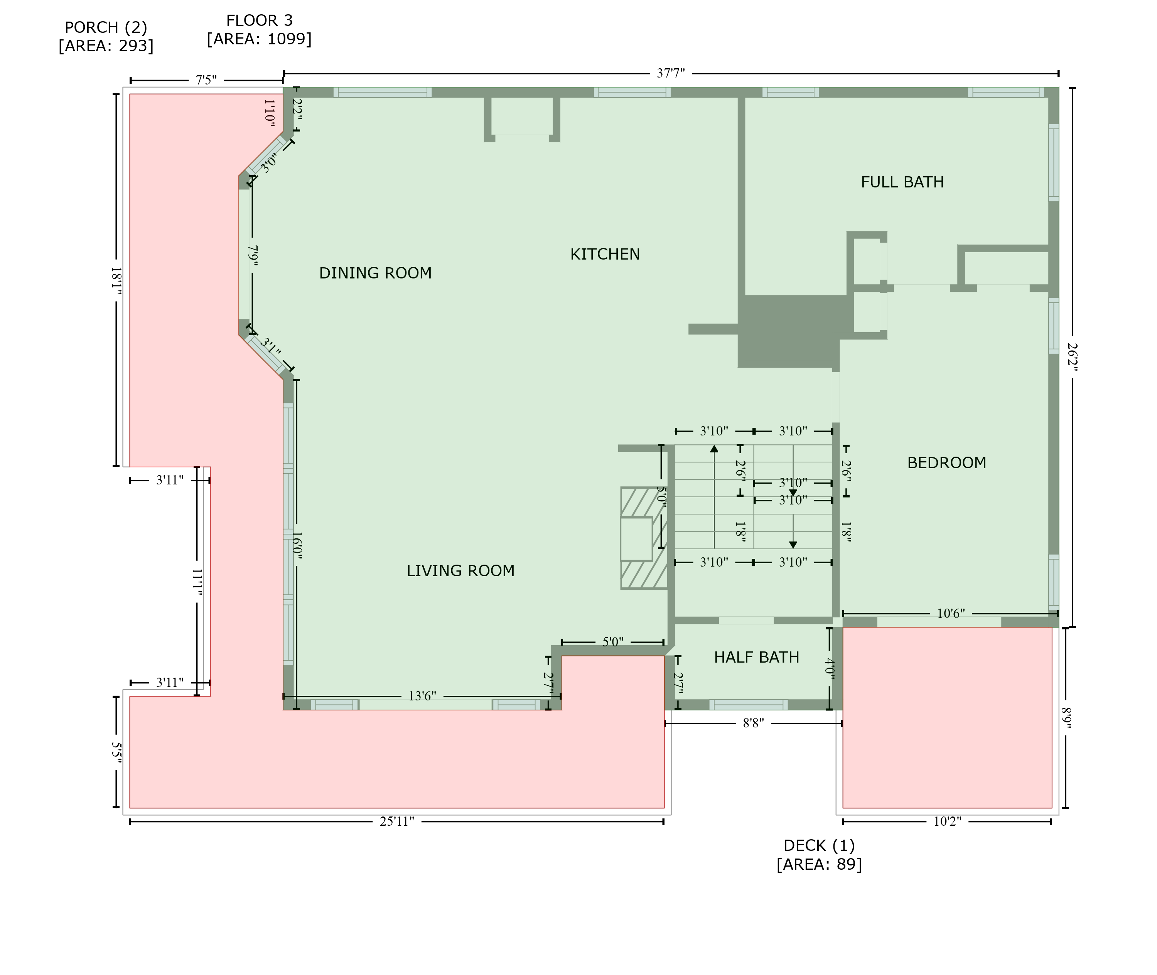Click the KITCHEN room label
tap(605, 254)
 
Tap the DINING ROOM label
tap(375, 273)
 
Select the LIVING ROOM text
tap(460, 571)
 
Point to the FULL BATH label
tap(902, 182)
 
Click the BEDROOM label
tap(946, 463)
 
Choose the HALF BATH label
tap(756, 658)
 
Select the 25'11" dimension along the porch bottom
tap(396, 822)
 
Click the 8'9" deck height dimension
tap(1066, 718)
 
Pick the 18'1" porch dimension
tap(116, 281)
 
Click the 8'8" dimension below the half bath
tap(753, 724)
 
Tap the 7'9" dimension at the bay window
tap(253, 256)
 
